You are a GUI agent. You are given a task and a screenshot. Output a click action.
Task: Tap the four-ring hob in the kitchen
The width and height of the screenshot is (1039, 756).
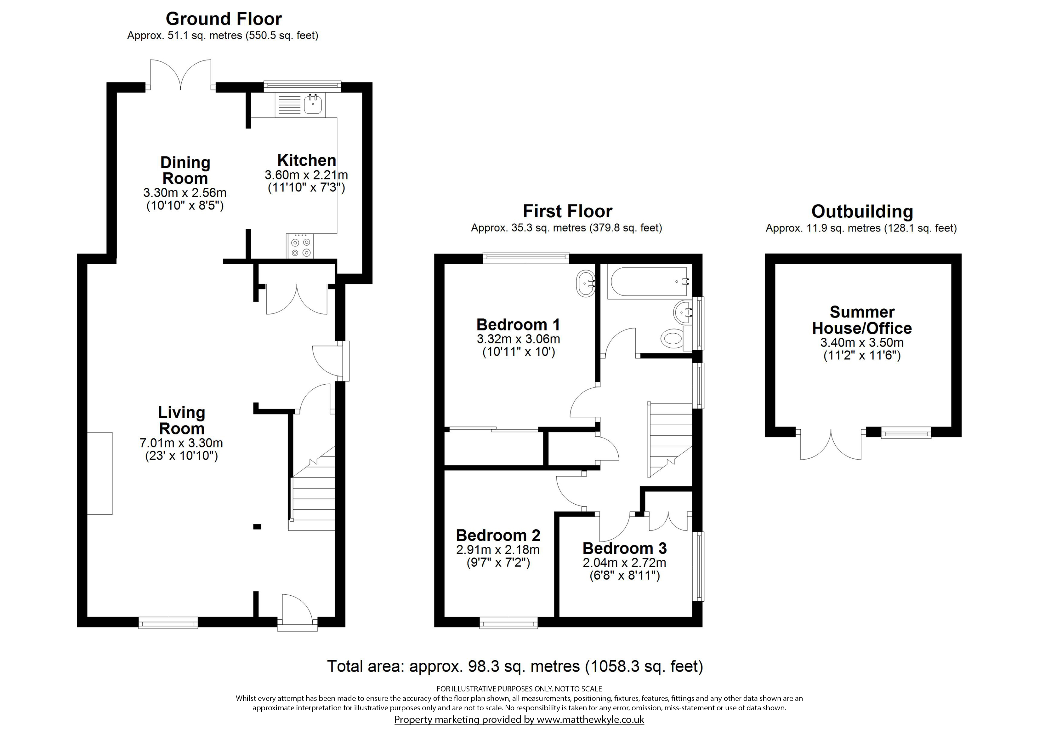300,246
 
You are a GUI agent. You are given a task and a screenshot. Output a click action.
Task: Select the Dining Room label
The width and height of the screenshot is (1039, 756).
185,170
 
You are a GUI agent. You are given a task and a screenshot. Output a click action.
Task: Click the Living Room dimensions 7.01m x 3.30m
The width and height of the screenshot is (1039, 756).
181,443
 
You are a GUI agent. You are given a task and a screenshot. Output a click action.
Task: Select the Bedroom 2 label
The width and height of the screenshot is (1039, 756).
498,535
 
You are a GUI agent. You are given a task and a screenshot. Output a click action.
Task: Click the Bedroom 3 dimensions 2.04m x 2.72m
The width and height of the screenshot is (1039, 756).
624,563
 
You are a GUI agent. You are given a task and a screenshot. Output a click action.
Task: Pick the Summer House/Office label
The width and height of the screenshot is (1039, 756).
862,320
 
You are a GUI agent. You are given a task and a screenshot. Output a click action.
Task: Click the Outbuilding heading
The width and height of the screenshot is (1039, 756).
862,211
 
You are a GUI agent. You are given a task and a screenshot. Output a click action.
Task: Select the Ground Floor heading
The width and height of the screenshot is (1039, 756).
224,19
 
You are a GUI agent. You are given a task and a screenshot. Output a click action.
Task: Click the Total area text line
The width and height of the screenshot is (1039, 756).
515,666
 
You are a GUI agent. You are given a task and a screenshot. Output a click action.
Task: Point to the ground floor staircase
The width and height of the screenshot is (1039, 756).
312,488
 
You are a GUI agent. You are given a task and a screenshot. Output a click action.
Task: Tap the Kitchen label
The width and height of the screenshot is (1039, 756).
306,160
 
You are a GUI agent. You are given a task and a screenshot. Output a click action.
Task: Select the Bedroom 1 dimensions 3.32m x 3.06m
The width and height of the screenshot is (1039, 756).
519,339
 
